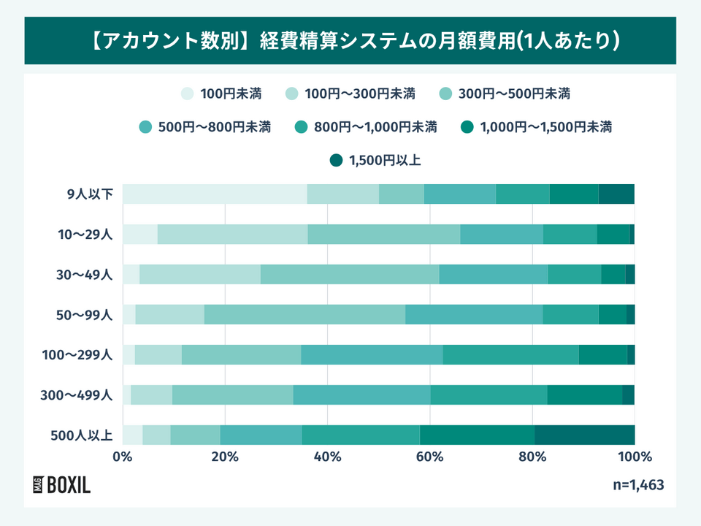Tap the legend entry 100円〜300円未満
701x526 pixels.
point(350,94)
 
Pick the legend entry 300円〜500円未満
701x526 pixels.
point(505,94)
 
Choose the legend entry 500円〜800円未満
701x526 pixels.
point(204,127)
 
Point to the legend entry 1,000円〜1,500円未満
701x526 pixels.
point(536,127)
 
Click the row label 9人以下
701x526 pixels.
point(88,194)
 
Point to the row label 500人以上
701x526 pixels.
point(81,435)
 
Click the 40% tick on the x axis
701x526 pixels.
point(327,457)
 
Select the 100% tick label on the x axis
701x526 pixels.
point(634,457)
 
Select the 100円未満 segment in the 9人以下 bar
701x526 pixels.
point(215,194)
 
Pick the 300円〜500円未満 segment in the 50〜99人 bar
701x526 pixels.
point(304,315)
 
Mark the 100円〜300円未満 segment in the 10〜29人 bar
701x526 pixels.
point(232,235)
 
